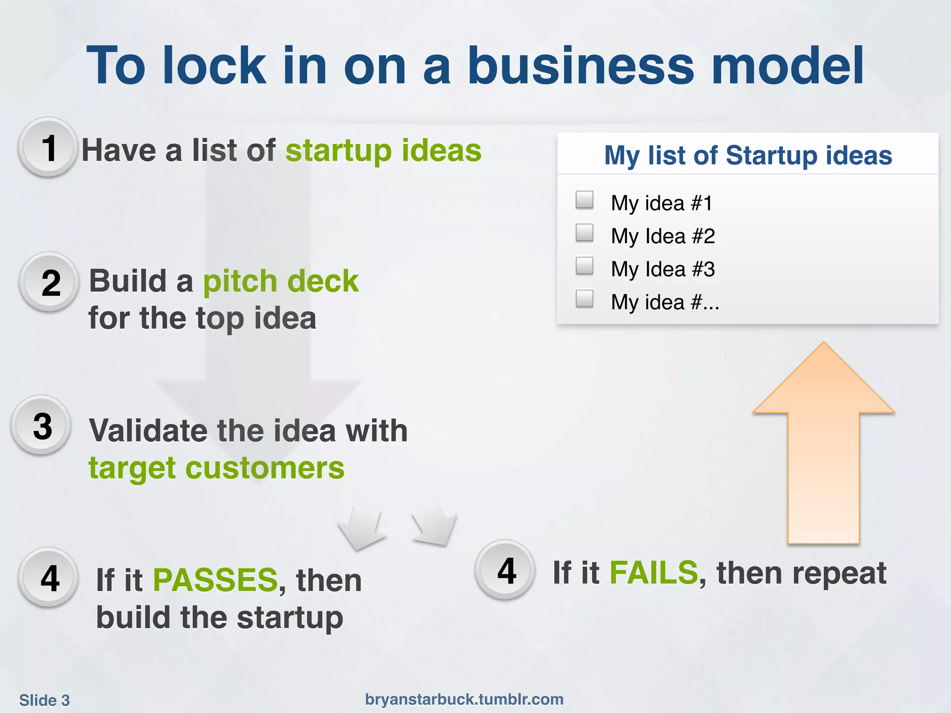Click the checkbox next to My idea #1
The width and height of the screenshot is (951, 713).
[x=584, y=200]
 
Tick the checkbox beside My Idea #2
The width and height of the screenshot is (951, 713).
[x=584, y=233]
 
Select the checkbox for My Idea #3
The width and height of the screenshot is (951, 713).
[x=584, y=266]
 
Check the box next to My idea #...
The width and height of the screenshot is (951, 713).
[x=584, y=299]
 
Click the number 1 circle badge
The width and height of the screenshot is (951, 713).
[x=48, y=148]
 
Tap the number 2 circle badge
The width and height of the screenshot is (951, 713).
[x=50, y=282]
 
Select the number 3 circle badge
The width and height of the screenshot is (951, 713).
[x=42, y=425]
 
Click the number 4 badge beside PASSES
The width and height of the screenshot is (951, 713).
[x=49, y=578]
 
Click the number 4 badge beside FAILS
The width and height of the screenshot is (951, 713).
[x=506, y=570]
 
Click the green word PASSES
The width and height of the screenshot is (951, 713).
[x=215, y=580]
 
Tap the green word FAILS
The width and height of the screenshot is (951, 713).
[x=653, y=572]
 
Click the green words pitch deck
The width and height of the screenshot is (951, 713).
[x=280, y=281]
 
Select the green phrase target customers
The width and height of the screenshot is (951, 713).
[x=216, y=468]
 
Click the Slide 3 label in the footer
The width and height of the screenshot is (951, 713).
[x=45, y=700]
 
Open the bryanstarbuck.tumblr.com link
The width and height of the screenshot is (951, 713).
[x=464, y=699]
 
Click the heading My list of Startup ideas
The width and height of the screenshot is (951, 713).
[x=748, y=155]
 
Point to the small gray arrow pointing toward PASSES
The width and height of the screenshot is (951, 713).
[x=361, y=529]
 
